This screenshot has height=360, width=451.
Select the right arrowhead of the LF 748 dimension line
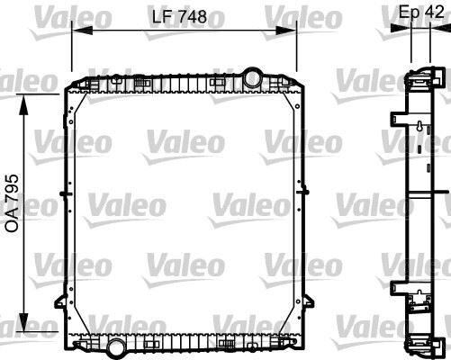tap(295, 31)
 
